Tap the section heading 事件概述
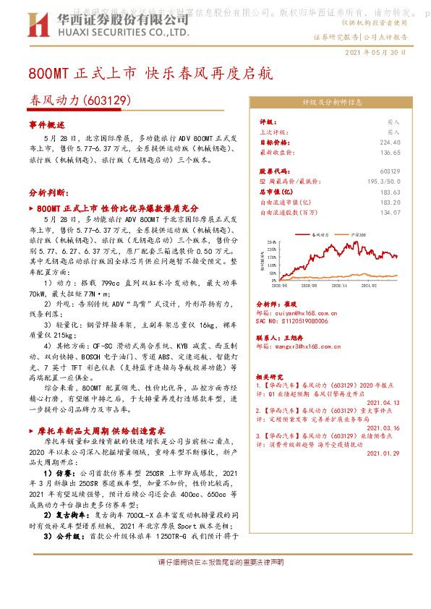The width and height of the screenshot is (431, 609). pyautogui.click(x=47, y=125)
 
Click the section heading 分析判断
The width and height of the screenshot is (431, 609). pyautogui.click(x=48, y=193)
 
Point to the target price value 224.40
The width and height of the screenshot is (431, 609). pyautogui.click(x=389, y=143)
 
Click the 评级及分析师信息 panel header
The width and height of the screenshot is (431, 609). pyautogui.click(x=332, y=103)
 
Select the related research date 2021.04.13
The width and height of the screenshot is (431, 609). pyautogui.click(x=383, y=403)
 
